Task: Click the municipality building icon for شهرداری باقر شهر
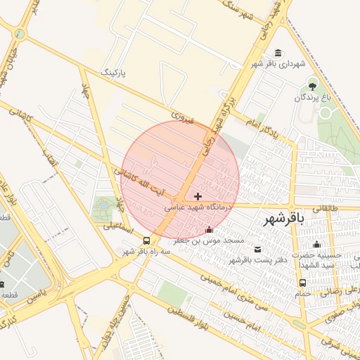pyautogui.click(x=279, y=53)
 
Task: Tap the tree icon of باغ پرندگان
pyautogui.click(x=311, y=86)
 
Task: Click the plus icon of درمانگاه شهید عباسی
pyautogui.click(x=198, y=196)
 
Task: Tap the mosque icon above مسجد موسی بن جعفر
pyautogui.click(x=209, y=230)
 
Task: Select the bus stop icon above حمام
pyautogui.click(x=302, y=283)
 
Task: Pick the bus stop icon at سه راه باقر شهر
pyautogui.click(x=146, y=240)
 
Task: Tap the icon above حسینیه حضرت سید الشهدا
pyautogui.click(x=317, y=245)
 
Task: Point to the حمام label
pyautogui.click(x=302, y=294)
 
